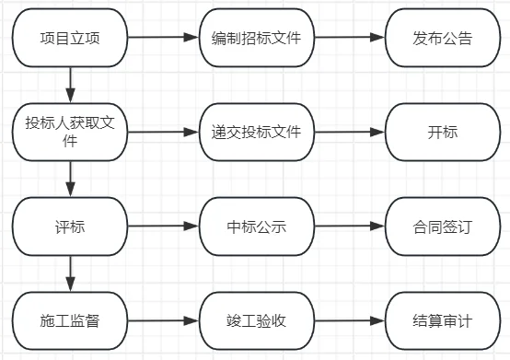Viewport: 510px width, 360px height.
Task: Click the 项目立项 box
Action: pyautogui.click(x=70, y=39)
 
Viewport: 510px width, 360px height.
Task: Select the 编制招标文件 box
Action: pyautogui.click(x=256, y=39)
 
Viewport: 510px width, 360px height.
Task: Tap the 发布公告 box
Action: pyautogui.click(x=442, y=39)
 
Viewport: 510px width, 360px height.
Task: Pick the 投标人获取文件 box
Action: pyautogui.click(x=70, y=132)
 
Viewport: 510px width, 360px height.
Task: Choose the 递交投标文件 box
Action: pyautogui.click(x=256, y=132)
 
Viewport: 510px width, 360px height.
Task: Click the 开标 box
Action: pyautogui.click(x=442, y=132)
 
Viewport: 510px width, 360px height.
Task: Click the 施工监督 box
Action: pyautogui.click(x=70, y=321)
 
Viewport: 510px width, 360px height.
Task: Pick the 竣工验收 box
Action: pyautogui.click(x=256, y=321)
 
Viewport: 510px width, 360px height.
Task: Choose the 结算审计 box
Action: pyautogui.click(x=442, y=321)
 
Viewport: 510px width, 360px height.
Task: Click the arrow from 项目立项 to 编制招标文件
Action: pyautogui.click(x=163, y=39)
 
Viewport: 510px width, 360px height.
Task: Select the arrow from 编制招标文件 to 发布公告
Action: pyautogui.click(x=349, y=39)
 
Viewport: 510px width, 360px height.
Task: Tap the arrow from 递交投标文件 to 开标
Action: pyautogui.click(x=349, y=132)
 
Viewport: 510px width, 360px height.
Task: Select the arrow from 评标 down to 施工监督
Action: pyautogui.click(x=70, y=273)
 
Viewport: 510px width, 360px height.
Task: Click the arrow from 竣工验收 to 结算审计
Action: pyautogui.click(x=349, y=321)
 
